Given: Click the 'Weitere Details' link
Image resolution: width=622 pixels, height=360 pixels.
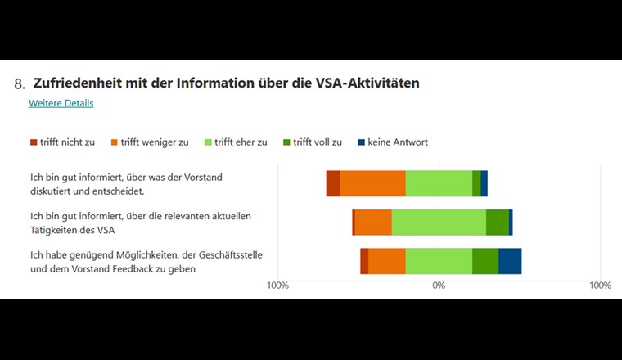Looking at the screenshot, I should (61, 103).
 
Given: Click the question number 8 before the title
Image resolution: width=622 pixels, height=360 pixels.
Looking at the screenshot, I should (20, 83).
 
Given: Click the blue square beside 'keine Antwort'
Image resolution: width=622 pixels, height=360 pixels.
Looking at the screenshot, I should (361, 142).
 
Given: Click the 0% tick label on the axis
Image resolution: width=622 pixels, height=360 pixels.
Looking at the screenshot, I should (439, 286).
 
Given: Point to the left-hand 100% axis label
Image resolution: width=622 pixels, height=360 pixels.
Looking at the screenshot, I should (278, 286).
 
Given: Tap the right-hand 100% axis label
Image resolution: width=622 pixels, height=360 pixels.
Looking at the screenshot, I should (600, 286).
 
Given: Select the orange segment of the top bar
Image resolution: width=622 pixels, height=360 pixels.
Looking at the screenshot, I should (372, 183).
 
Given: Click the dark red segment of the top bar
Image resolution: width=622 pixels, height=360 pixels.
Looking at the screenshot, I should (332, 183).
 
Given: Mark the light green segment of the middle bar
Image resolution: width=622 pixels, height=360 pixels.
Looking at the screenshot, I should (439, 222).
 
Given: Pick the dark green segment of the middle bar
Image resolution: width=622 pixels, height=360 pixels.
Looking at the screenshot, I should (497, 222).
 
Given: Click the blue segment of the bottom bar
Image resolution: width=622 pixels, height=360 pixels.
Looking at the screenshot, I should (510, 260).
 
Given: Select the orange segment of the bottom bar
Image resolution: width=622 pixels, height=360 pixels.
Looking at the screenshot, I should (387, 260).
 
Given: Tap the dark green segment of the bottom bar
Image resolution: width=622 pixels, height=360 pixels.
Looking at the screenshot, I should (485, 260).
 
